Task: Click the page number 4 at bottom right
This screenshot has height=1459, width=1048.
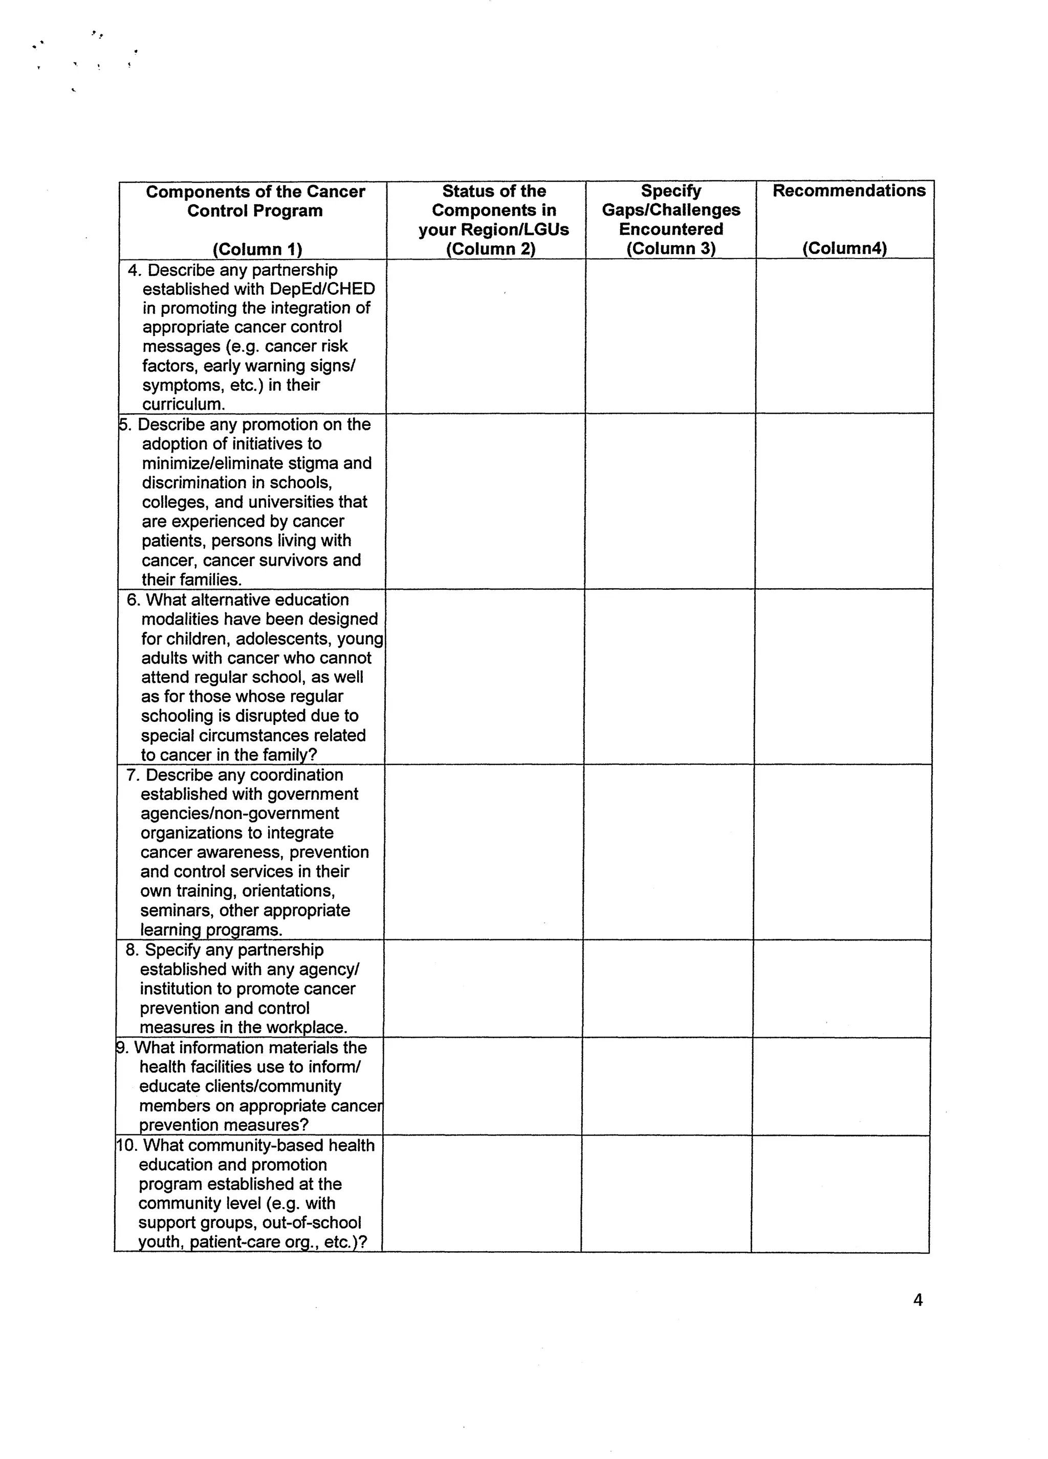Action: pos(918,1300)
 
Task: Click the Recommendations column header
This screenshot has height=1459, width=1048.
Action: pos(849,191)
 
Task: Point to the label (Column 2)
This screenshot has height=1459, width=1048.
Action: pos(491,249)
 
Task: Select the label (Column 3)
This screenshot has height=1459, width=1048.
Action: pos(670,248)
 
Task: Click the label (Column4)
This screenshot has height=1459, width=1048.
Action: pos(844,248)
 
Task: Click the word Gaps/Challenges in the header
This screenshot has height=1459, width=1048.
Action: pos(670,210)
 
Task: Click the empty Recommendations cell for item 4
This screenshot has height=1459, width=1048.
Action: pos(844,336)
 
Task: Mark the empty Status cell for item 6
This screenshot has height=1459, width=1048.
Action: pos(485,676)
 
